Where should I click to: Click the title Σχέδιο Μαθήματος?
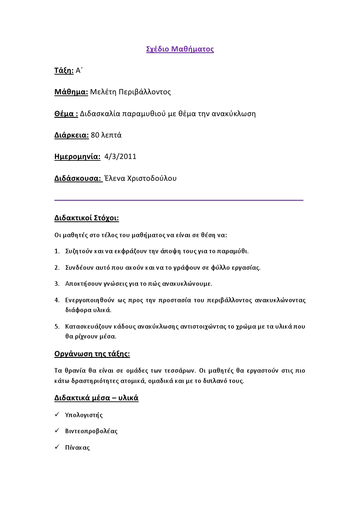pos(180,49)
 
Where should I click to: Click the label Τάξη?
pos(64,70)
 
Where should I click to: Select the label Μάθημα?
pos(71,92)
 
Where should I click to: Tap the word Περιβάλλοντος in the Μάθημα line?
pos(145,92)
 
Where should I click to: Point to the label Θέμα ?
pos(66,114)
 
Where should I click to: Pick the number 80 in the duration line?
pos(95,135)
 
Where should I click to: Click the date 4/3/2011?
pos(120,156)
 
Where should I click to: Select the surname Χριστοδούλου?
pos(151,178)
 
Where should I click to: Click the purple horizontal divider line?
pos(179,200)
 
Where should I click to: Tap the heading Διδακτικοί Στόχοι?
pos(86,218)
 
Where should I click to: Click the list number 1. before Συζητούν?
pos(57,251)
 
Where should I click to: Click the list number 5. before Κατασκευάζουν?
pos(57,327)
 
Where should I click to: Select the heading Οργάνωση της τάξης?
pos(92,354)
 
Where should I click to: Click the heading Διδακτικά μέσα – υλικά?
pos(96,398)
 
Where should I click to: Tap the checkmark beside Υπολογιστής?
pos(57,415)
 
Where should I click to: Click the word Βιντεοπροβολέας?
pos(91,431)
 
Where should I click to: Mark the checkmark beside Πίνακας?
pos(57,447)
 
